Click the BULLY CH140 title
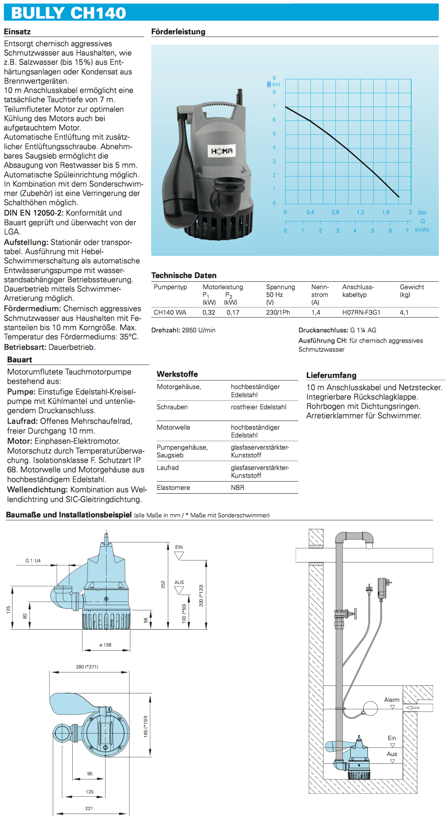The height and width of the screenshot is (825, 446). pos(68,13)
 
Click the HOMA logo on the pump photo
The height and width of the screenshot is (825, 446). pos(222,151)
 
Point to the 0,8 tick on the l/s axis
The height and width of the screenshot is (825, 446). pos(335,212)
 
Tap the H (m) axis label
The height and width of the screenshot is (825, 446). pos(273,84)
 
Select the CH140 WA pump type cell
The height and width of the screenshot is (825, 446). pos(170,313)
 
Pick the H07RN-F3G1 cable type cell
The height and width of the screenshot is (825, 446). pos(361,313)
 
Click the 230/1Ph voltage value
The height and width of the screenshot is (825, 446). pos(278,313)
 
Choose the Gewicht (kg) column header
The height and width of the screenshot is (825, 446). pos(412,291)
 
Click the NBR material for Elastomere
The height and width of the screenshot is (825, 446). pos(238,488)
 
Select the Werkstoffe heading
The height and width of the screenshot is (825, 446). pos(177,374)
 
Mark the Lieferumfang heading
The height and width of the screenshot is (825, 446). pos(331,375)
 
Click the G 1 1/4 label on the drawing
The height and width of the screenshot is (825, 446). pos(33,561)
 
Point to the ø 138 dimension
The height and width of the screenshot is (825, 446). pos(105,645)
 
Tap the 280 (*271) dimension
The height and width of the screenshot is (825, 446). pos(87,667)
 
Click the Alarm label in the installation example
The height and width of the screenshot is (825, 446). pos(392,700)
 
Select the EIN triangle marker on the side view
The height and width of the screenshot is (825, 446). pos(179,556)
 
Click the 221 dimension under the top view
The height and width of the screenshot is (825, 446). pos(89,808)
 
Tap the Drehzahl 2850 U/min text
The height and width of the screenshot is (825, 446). pos(183,330)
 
